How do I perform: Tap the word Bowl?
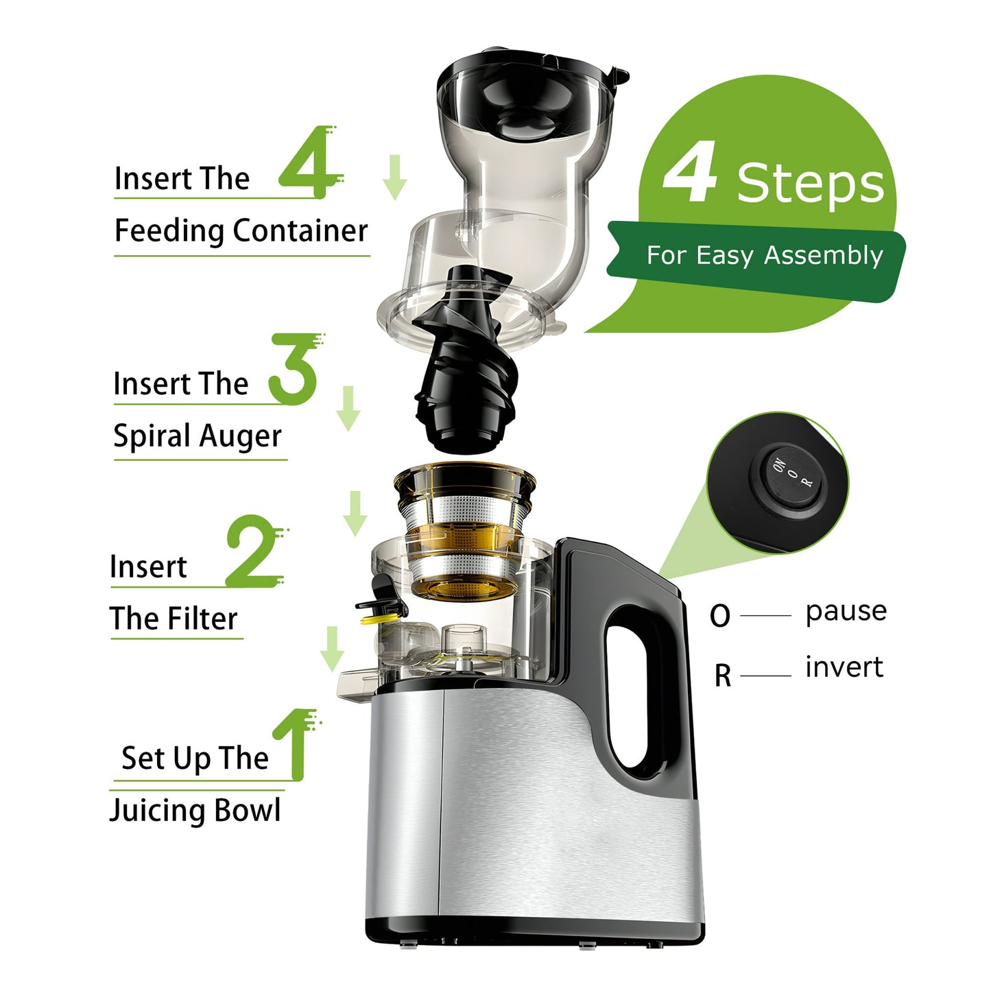[x=248, y=810]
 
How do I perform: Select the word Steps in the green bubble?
[x=811, y=183]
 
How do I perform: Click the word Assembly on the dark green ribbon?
[x=823, y=255]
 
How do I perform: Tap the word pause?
[x=846, y=610]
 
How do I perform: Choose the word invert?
[x=844, y=667]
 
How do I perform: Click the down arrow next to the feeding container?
[x=394, y=177]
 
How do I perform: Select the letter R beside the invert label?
[x=722, y=676]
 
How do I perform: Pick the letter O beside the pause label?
[x=720, y=616]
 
